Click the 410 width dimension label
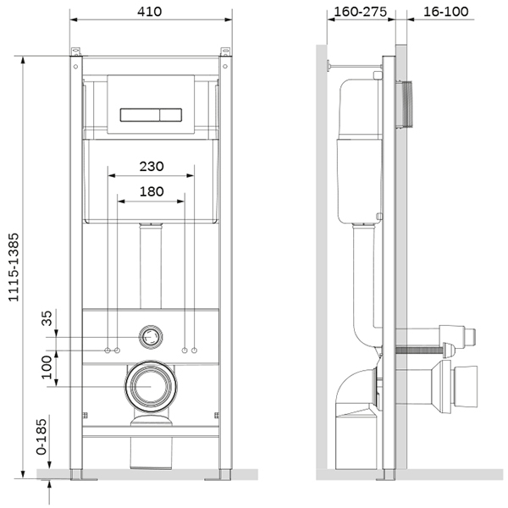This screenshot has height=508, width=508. [149, 12]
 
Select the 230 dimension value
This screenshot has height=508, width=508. [152, 167]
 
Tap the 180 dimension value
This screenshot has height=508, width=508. [152, 191]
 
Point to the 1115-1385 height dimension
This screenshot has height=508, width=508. [14, 268]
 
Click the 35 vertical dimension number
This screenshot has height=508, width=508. [47, 318]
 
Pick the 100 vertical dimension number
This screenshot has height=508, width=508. [47, 367]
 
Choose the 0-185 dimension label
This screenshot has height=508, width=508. [41, 437]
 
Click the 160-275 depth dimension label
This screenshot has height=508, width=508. [361, 12]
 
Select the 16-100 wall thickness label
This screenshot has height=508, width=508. [446, 12]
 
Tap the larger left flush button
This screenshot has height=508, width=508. [140, 115]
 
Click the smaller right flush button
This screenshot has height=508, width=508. [171, 115]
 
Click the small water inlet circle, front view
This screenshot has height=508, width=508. [151, 337]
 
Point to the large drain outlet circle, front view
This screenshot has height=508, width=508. [151, 386]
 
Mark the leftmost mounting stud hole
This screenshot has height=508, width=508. [108, 351]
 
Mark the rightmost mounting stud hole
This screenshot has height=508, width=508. [195, 351]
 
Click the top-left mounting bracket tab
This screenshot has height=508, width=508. [75, 51]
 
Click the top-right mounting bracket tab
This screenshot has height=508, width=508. [225, 51]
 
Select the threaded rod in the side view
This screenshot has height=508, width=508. [419, 350]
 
